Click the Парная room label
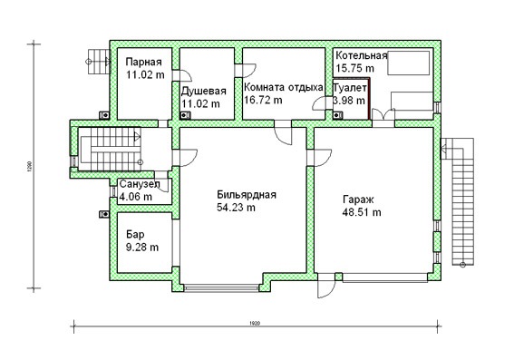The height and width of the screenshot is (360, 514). (x=144, y=62)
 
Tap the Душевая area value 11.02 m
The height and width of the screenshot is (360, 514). (x=200, y=104)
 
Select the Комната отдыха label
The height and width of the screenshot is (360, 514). (x=284, y=88)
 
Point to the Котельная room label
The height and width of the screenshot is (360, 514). (x=361, y=55)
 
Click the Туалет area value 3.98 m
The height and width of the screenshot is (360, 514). (x=349, y=101)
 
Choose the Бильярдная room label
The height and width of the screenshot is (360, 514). (x=247, y=195)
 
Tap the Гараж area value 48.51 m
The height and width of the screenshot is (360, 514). (x=362, y=212)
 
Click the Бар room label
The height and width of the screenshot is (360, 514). (x=135, y=235)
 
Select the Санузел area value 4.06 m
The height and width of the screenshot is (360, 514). (x=135, y=197)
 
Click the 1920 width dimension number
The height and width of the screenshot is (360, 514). (x=255, y=324)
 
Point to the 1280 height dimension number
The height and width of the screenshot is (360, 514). (x=29, y=167)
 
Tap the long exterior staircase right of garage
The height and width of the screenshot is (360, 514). (x=459, y=200)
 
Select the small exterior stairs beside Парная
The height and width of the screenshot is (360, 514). (x=98, y=62)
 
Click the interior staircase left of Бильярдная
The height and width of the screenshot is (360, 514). (x=109, y=150)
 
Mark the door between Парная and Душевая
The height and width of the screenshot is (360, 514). (x=182, y=75)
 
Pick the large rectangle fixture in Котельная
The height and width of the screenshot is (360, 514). (x=408, y=63)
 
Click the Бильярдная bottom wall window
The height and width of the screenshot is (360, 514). (x=221, y=288)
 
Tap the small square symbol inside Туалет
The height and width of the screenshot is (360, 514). (x=338, y=115)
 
